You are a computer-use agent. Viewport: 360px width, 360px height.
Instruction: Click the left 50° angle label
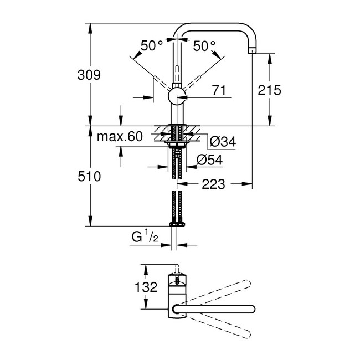click(152, 46)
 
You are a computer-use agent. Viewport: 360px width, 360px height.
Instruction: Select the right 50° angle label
click(205, 46)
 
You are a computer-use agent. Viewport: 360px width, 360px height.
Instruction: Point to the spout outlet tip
click(253, 52)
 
